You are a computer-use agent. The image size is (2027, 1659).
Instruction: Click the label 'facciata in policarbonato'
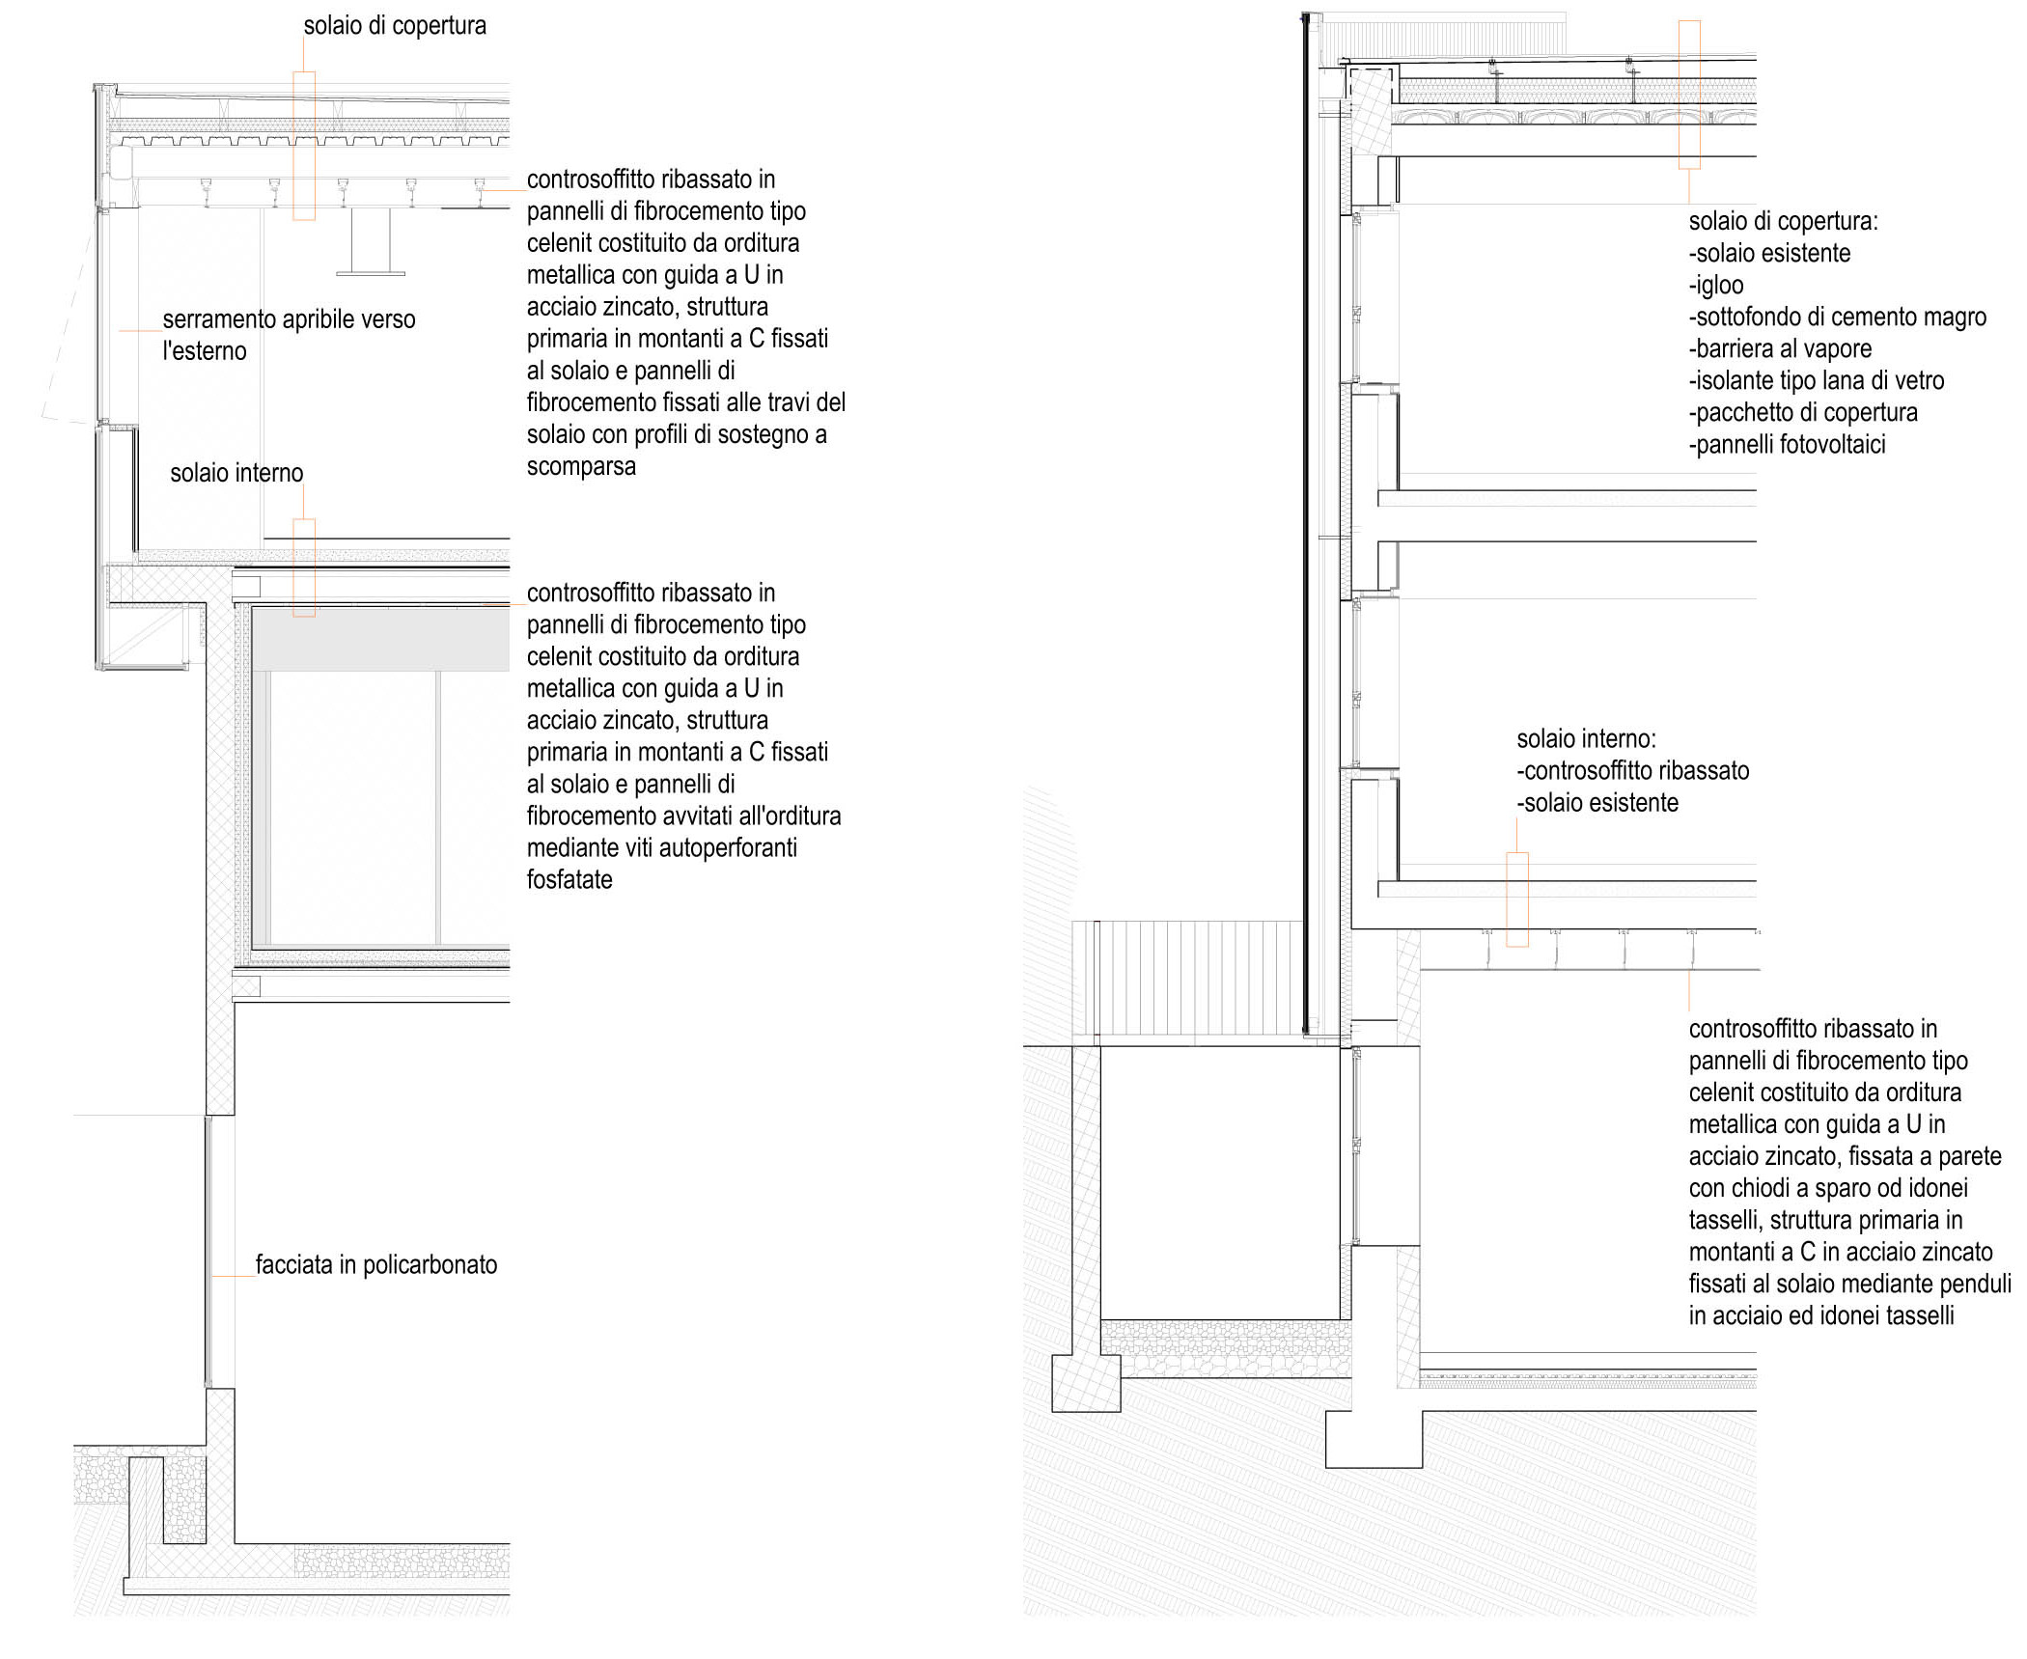click(x=376, y=1265)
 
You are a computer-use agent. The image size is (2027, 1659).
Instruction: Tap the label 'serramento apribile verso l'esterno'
click(x=289, y=335)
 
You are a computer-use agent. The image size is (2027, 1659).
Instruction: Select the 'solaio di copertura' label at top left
click(x=395, y=26)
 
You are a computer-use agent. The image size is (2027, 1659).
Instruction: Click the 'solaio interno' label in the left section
click(x=236, y=473)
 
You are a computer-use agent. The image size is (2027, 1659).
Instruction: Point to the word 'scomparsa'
click(x=581, y=467)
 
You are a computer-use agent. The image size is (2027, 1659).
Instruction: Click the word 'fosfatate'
click(x=569, y=880)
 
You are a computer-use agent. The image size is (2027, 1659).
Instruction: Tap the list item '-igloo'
click(x=1716, y=286)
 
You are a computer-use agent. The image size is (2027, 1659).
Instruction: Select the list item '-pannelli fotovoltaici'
click(x=1787, y=445)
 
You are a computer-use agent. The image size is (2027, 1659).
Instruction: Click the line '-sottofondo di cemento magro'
click(x=1837, y=318)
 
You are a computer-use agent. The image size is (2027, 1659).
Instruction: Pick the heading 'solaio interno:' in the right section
click(x=1586, y=739)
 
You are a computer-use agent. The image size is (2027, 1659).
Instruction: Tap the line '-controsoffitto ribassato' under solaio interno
click(x=1632, y=771)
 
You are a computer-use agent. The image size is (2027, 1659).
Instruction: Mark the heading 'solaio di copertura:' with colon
click(x=1783, y=221)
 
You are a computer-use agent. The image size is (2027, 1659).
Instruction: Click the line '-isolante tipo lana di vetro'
click(x=1816, y=381)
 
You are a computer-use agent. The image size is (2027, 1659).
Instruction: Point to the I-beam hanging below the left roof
click(x=371, y=241)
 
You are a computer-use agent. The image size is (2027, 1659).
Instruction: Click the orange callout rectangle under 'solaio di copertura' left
click(x=304, y=146)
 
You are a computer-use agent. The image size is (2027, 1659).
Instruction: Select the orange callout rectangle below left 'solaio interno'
click(x=304, y=567)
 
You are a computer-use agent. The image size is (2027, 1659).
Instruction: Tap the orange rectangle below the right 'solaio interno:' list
click(x=1517, y=899)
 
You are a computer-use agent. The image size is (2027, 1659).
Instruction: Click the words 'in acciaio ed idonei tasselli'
click(x=1821, y=1316)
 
